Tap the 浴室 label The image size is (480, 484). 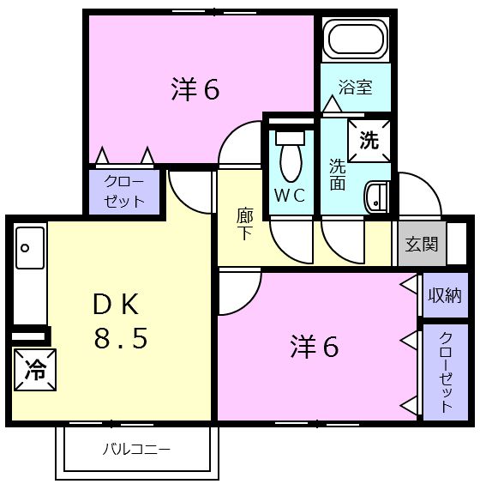[355, 87]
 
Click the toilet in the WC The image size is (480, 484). [290, 155]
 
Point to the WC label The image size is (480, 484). [289, 195]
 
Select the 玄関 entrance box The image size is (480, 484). [422, 244]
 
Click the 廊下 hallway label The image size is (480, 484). [244, 224]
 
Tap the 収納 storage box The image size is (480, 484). [444, 295]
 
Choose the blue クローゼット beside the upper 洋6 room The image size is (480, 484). [125, 191]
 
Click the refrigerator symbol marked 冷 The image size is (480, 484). [34, 370]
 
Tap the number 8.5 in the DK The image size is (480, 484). [121, 339]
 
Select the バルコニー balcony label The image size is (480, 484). [137, 449]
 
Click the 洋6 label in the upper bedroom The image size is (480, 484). [195, 89]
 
